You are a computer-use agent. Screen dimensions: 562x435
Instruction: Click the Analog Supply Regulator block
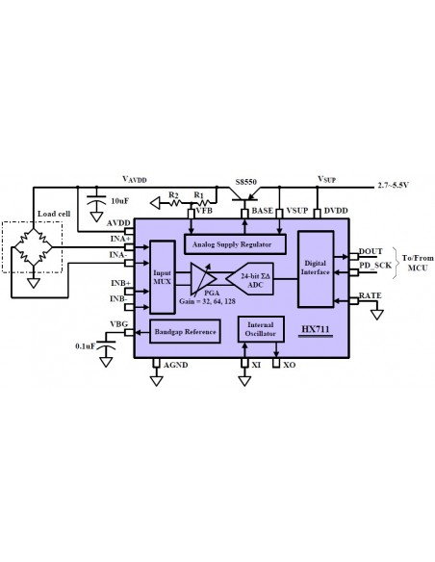pyautogui.click(x=230, y=243)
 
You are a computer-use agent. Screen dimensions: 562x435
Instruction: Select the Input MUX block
pyautogui.click(x=162, y=276)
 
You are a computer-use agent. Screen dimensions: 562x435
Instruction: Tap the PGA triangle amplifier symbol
pyautogui.click(x=204, y=279)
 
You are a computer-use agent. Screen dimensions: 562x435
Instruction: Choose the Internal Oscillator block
pyautogui.click(x=261, y=331)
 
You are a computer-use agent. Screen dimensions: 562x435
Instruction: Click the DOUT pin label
pyautogui.click(x=371, y=250)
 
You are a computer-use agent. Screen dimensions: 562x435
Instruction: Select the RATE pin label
pyautogui.click(x=371, y=296)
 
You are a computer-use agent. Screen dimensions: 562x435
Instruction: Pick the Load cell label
pyautogui.click(x=51, y=214)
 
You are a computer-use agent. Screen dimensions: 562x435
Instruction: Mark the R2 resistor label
pyautogui.click(x=173, y=194)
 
